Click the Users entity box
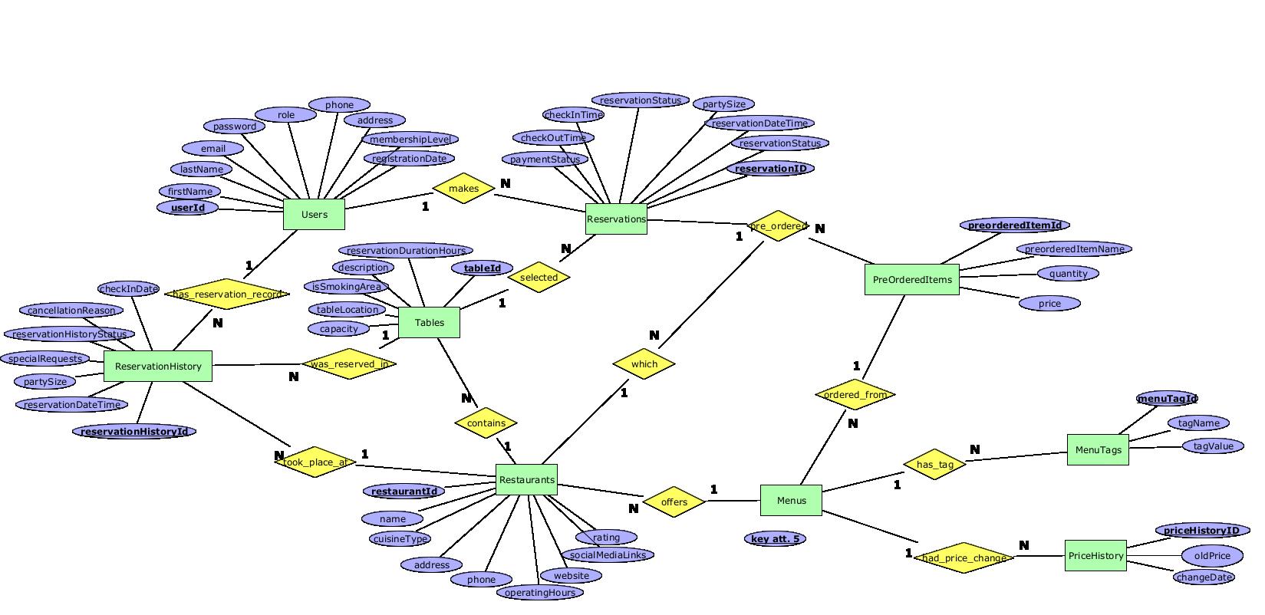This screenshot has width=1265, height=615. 314,214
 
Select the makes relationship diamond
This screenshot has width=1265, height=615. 463,189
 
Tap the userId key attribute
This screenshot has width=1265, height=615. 188,208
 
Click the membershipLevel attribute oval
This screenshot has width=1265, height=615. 410,140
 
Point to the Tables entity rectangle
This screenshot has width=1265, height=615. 429,322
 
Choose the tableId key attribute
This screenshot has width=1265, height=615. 483,268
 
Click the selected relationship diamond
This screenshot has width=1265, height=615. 539,278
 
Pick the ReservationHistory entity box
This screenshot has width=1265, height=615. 157,367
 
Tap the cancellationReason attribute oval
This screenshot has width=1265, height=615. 71,311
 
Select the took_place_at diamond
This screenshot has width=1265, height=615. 315,462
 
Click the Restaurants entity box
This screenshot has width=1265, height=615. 526,479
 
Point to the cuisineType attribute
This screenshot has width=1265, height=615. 400,539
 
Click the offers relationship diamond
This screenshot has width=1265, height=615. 674,502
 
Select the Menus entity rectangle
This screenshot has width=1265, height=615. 791,500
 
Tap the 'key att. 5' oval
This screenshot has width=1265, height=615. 775,539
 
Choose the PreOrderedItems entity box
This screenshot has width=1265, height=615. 912,280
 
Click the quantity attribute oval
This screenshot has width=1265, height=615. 1068,274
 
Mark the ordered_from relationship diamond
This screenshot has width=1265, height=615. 855,395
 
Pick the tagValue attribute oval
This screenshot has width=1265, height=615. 1213,446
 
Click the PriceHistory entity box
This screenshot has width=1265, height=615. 1095,556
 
